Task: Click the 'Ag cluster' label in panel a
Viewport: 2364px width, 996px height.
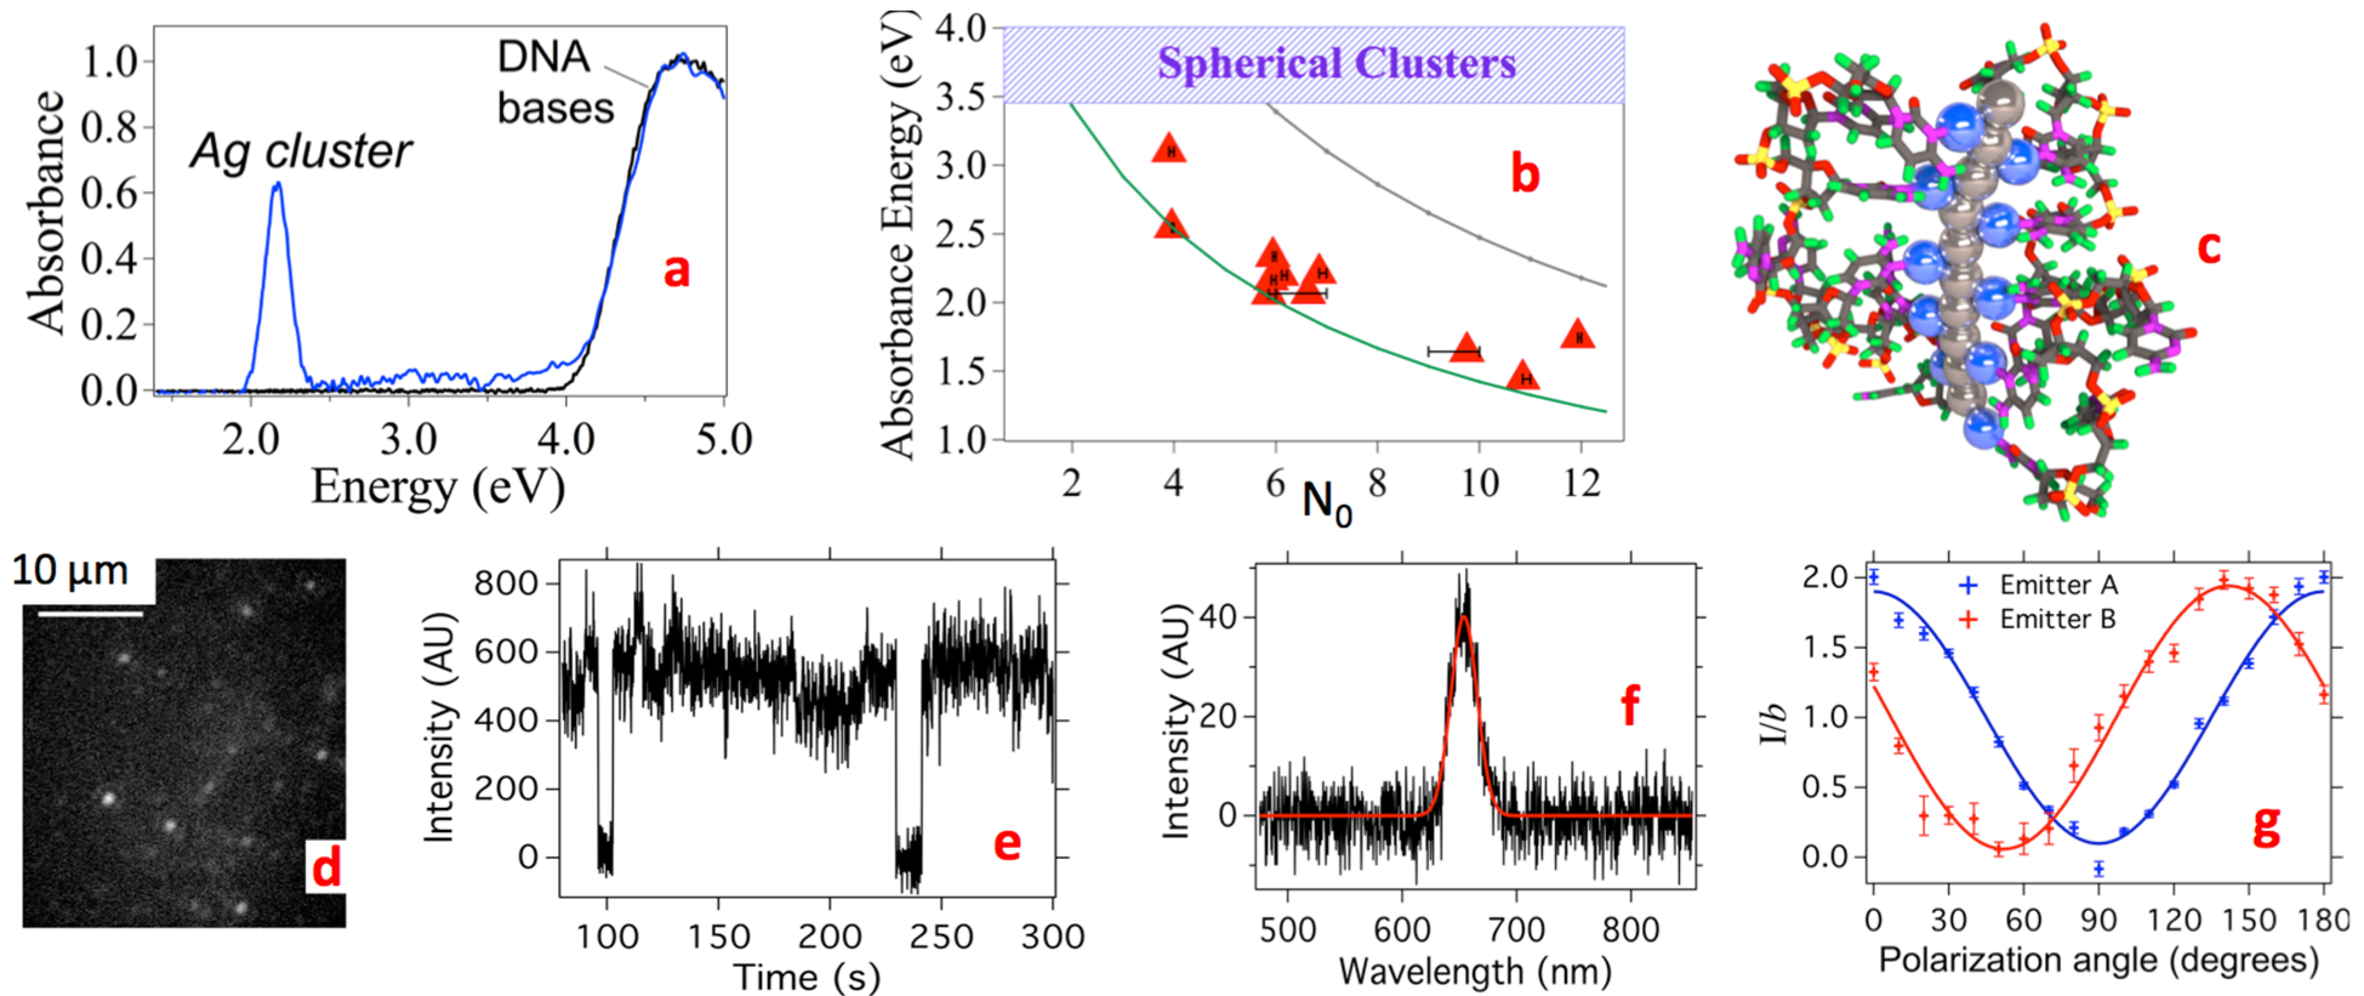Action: point(301,152)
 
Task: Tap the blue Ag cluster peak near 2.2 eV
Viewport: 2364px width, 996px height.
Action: point(276,188)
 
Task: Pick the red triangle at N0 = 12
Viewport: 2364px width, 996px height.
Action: point(1578,335)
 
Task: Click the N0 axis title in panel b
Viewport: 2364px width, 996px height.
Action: point(1327,502)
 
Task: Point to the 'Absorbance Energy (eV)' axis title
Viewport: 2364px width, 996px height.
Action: point(897,234)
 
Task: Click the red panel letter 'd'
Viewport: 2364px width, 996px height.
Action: point(326,867)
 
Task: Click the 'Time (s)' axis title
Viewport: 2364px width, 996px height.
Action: point(806,976)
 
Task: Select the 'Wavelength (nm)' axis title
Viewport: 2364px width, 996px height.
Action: point(1475,971)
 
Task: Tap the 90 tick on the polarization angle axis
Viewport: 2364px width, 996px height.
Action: point(2099,919)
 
